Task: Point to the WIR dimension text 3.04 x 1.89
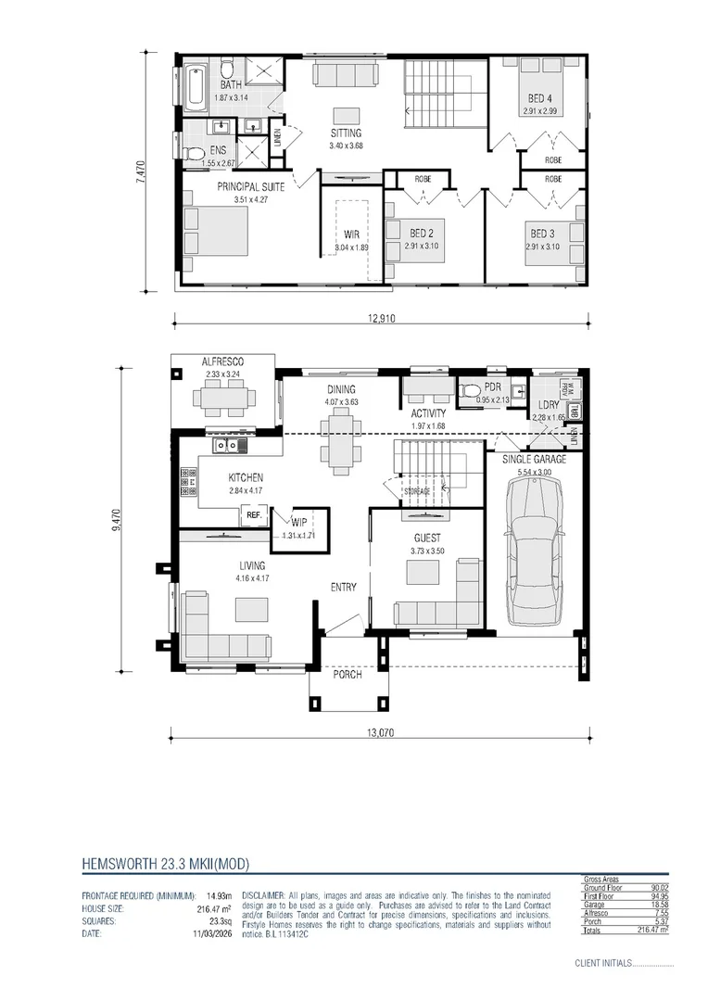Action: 352,247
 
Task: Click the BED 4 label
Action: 540,98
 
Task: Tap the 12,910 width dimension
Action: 381,318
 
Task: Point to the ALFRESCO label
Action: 222,361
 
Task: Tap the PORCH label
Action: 344,674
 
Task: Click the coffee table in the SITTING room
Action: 347,115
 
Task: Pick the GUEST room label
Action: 427,538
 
